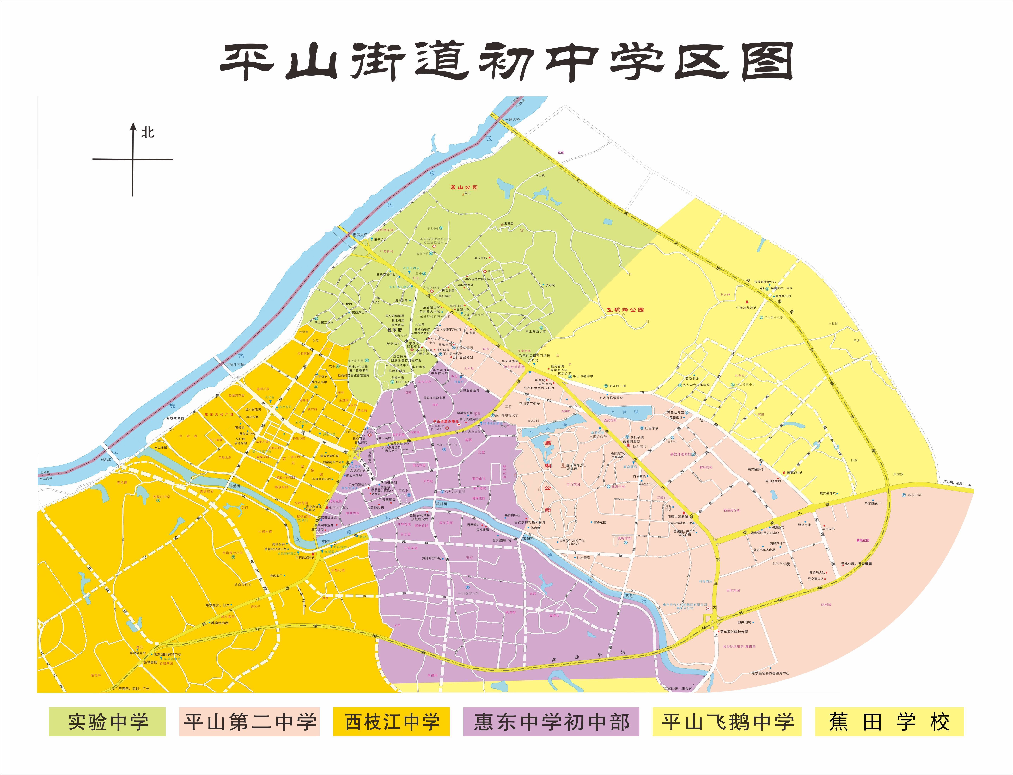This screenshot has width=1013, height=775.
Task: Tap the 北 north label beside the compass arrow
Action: point(148,133)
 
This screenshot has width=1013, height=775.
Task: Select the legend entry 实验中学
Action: point(107,722)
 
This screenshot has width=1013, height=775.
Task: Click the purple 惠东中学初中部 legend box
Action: point(551,722)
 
